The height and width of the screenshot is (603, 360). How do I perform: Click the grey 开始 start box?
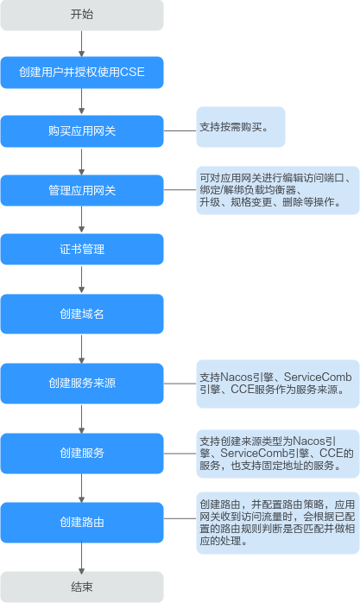pyautogui.click(x=82, y=15)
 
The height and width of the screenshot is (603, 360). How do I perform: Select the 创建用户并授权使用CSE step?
pyautogui.click(x=82, y=73)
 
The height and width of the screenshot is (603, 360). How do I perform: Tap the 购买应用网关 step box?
pyautogui.click(x=82, y=131)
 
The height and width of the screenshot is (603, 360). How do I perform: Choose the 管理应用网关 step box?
pyautogui.click(x=82, y=190)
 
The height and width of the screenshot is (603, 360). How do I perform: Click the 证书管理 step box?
pyautogui.click(x=82, y=249)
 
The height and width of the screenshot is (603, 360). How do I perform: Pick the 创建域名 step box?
pyautogui.click(x=82, y=314)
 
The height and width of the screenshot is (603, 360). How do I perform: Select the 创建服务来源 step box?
pyautogui.click(x=82, y=384)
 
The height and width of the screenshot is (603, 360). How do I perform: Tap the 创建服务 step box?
pyautogui.click(x=82, y=453)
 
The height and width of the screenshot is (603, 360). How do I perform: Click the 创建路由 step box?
pyautogui.click(x=82, y=523)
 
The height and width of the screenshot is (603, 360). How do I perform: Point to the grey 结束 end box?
pyautogui.click(x=82, y=587)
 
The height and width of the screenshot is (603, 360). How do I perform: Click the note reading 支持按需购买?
pyautogui.click(x=241, y=127)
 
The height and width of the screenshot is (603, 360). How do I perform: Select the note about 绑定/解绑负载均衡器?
pyautogui.click(x=278, y=190)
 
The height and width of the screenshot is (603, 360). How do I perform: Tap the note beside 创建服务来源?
pyautogui.click(x=278, y=384)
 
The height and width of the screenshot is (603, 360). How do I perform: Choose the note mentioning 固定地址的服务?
pyautogui.click(x=278, y=454)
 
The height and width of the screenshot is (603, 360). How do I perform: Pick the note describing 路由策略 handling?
pyautogui.click(x=278, y=523)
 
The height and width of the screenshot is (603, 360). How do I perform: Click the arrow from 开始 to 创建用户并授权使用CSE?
pyautogui.click(x=81, y=44)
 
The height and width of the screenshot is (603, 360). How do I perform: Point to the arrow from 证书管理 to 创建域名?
pyautogui.click(x=81, y=280)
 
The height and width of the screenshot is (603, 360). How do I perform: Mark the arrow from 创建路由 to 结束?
pyautogui.click(x=81, y=557)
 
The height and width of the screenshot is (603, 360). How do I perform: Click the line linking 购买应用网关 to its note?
pyautogui.click(x=180, y=130)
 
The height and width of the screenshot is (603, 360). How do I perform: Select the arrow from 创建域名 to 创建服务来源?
pyautogui.click(x=81, y=348)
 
